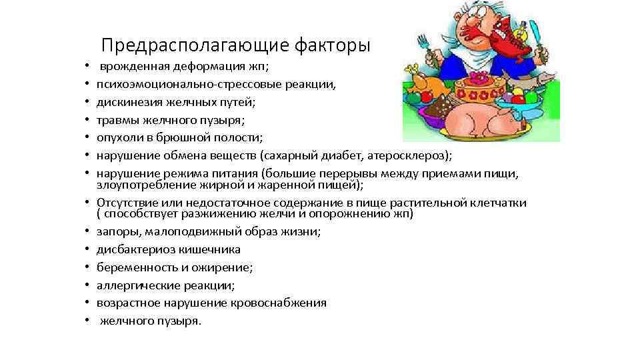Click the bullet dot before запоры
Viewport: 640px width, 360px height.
pos(87,233)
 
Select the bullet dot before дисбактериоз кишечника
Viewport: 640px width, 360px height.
pos(87,251)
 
